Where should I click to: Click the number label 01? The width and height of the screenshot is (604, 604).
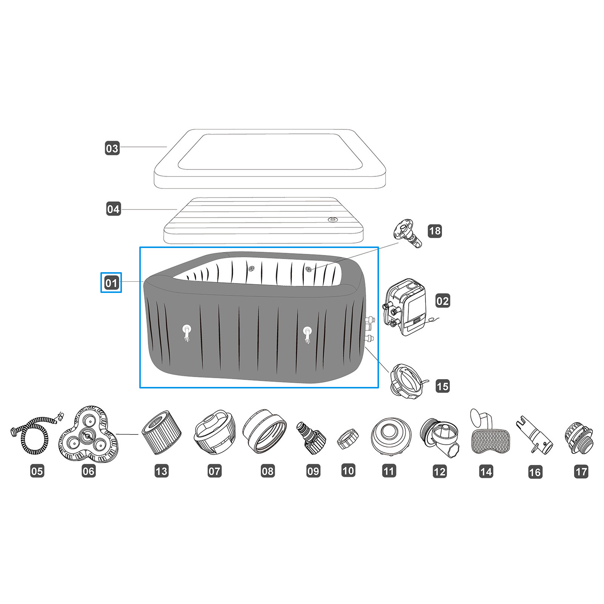[111, 283]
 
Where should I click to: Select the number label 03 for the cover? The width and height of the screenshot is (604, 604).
[112, 148]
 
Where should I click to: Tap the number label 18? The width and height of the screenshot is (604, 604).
[435, 231]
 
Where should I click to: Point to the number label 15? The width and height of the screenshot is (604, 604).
[442, 386]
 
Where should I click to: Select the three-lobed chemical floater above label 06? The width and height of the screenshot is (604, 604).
[88, 433]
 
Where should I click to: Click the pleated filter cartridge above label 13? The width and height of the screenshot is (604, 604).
[162, 433]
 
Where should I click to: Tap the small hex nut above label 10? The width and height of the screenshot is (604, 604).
[347, 439]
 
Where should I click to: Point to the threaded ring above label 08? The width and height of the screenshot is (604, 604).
[264, 431]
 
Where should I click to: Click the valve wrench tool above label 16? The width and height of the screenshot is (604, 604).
[535, 435]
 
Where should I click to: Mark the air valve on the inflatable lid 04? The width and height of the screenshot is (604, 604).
[333, 219]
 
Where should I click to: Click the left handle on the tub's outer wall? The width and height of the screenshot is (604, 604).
[187, 333]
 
